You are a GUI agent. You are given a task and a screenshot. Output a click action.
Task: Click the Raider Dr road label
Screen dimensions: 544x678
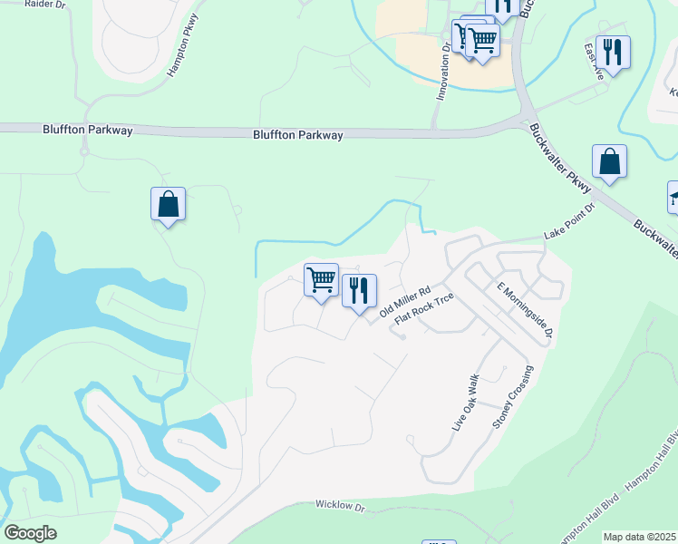[x=46, y=5]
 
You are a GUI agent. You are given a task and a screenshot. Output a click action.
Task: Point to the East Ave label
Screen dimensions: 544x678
[x=595, y=63]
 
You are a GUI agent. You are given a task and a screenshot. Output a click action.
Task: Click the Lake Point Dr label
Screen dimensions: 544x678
[x=568, y=221]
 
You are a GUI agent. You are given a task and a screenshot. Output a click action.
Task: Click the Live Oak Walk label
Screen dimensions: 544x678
[x=465, y=400]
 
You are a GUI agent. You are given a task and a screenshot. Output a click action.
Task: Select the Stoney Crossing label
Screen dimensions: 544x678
[x=513, y=396]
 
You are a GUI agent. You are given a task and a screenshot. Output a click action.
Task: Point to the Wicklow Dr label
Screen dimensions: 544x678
[x=339, y=505]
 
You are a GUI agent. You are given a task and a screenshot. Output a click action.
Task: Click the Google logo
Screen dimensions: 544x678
[x=30, y=533]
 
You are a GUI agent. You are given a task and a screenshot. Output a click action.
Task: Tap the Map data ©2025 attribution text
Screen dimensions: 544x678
[x=640, y=537]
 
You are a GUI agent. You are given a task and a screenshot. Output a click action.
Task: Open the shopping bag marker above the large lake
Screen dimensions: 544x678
[x=169, y=204]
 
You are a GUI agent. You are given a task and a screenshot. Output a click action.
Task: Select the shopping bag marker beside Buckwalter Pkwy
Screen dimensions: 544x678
[x=609, y=161]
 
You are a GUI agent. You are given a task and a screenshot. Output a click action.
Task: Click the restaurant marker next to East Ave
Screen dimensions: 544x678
[x=614, y=53]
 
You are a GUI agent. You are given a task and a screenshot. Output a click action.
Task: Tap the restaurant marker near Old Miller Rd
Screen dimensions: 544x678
[x=360, y=290]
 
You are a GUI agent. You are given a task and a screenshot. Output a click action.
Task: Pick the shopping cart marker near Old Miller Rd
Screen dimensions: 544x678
[x=321, y=279]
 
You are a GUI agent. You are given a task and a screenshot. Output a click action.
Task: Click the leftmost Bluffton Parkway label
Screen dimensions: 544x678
[x=87, y=131]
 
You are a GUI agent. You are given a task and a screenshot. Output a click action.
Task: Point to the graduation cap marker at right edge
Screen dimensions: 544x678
[x=673, y=198]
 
